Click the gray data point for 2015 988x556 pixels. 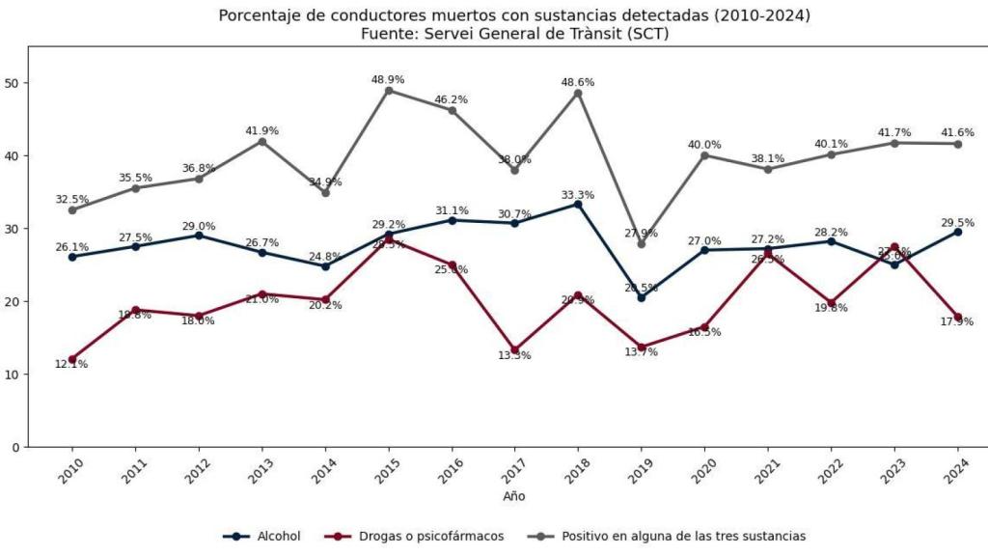point(388,91)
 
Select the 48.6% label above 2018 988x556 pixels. point(578,82)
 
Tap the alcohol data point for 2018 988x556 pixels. point(578,204)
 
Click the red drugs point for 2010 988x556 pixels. point(72,359)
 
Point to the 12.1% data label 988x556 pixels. point(72,364)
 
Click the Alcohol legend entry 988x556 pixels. point(262,536)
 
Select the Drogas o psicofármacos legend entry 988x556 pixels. point(416,536)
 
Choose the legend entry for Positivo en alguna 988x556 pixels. point(668,536)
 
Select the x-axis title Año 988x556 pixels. point(514,496)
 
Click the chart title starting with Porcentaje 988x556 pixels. point(514,15)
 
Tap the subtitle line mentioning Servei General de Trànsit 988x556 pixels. point(514,34)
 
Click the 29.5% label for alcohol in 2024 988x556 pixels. point(957,222)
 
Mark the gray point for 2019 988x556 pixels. point(641,243)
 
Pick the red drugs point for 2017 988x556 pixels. point(514,350)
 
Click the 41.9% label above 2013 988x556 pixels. point(261,130)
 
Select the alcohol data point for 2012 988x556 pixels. point(199,236)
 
